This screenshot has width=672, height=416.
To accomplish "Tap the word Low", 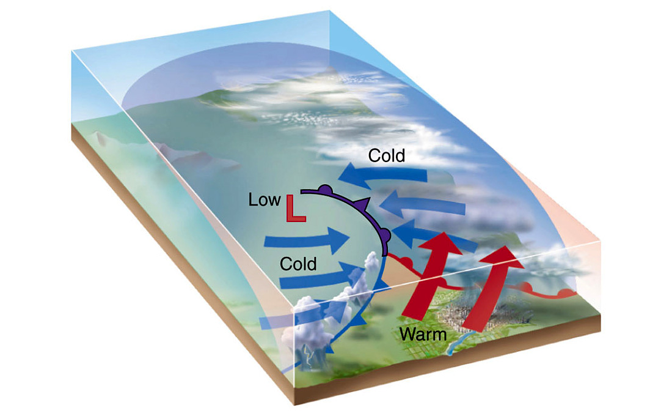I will coord(264,199).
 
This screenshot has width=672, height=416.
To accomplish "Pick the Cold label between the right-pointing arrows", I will coord(298,264).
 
